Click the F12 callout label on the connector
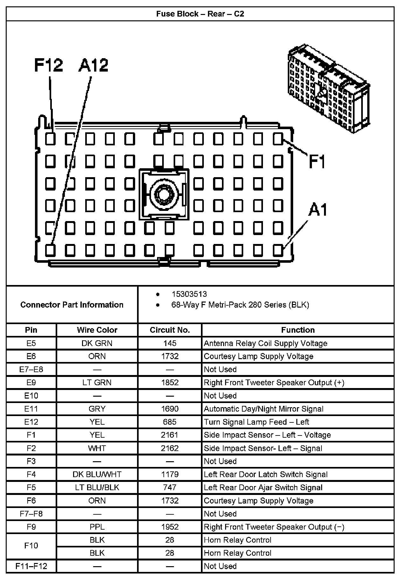(x=49, y=66)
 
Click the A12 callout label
(x=93, y=66)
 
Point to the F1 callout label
(x=317, y=162)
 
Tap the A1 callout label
(x=318, y=210)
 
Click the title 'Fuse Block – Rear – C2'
(x=200, y=14)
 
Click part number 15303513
(x=189, y=294)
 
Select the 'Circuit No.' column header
(x=170, y=330)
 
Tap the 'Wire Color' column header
(x=97, y=330)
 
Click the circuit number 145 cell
(x=170, y=344)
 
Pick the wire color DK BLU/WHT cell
(x=97, y=475)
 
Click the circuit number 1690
(x=170, y=409)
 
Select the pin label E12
(x=31, y=422)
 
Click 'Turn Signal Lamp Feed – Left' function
(x=256, y=422)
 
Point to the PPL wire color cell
(x=97, y=527)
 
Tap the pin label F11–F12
(x=31, y=566)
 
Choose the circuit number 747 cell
(x=170, y=488)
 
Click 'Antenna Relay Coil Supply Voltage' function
(x=266, y=344)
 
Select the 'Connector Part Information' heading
(x=72, y=305)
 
